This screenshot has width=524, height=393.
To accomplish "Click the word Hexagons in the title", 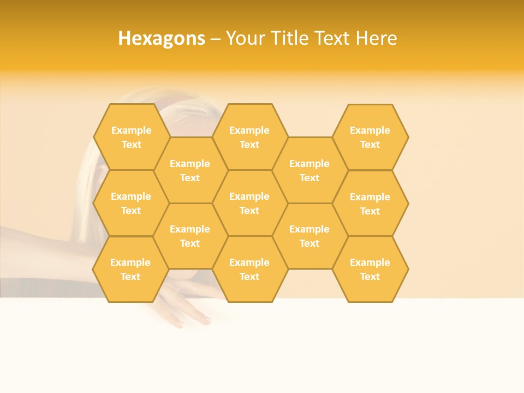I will click(x=162, y=38).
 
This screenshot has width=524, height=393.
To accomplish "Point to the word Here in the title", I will click(x=376, y=38).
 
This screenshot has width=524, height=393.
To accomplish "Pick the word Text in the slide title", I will click(x=333, y=38).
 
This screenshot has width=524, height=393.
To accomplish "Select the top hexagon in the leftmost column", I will click(x=131, y=137).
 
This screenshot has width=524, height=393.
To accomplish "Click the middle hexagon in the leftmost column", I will click(x=131, y=203).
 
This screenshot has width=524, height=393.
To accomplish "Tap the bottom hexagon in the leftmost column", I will click(x=130, y=269).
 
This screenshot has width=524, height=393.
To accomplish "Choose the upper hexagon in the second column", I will click(x=190, y=170).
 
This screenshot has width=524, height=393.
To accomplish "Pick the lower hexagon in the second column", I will click(x=190, y=236).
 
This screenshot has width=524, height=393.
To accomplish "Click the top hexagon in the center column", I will click(x=249, y=137).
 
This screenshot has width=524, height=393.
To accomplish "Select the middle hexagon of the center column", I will click(x=249, y=203).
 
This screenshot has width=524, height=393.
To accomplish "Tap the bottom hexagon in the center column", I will click(x=249, y=269).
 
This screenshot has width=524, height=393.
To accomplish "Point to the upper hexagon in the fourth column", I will click(x=309, y=170).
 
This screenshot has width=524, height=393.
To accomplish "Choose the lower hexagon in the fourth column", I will click(x=309, y=236).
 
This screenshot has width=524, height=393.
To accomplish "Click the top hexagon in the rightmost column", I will click(x=370, y=137).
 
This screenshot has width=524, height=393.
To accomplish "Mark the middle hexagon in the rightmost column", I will click(x=370, y=204).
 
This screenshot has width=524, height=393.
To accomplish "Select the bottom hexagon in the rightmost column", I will click(x=370, y=269).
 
